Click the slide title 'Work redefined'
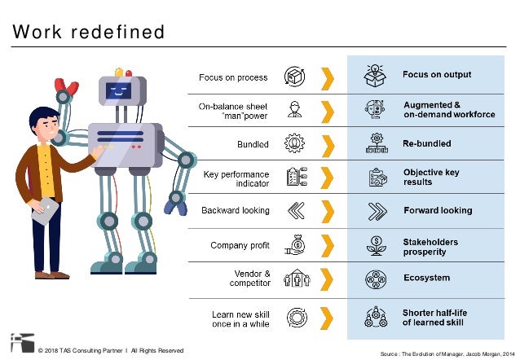click(89, 33)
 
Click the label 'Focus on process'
click(233, 78)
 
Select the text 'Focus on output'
click(437, 75)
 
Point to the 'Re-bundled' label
click(427, 144)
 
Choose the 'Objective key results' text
click(431, 178)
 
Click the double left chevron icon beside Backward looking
click(295, 211)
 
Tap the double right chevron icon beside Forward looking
click(377, 211)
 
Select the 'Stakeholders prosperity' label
click(430, 247)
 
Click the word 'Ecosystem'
click(426, 278)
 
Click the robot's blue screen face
click(119, 90)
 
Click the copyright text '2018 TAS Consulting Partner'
click(82, 351)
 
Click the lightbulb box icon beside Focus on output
click(376, 75)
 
